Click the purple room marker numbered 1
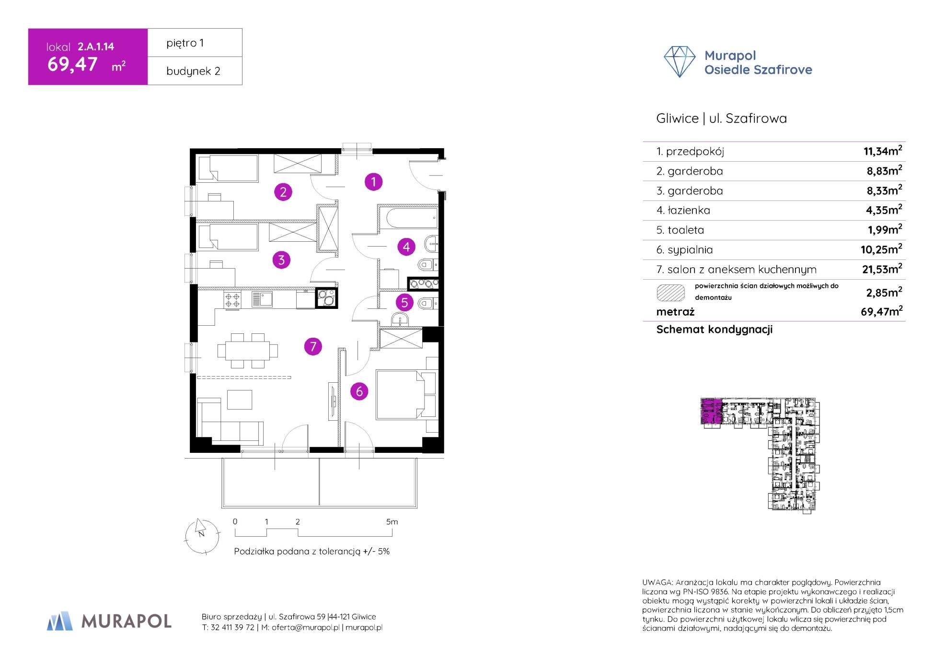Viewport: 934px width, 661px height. [373, 182]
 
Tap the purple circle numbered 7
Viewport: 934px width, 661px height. [313, 346]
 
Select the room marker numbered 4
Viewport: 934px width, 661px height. [406, 247]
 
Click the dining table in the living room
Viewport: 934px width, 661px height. [247, 351]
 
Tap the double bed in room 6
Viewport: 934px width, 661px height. [401, 394]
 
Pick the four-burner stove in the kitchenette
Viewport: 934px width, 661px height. [232, 300]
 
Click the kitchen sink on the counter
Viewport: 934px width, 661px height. [262, 299]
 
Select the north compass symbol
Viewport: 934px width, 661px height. [202, 534]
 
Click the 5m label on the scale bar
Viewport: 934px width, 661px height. [392, 521]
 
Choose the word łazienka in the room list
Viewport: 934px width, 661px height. [683, 210]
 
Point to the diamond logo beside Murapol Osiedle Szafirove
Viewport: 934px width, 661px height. [679, 62]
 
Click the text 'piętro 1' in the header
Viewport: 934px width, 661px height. [185, 43]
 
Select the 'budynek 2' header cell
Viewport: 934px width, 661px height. [194, 71]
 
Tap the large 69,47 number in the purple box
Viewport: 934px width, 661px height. [72, 64]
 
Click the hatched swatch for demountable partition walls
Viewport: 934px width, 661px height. [670, 293]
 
